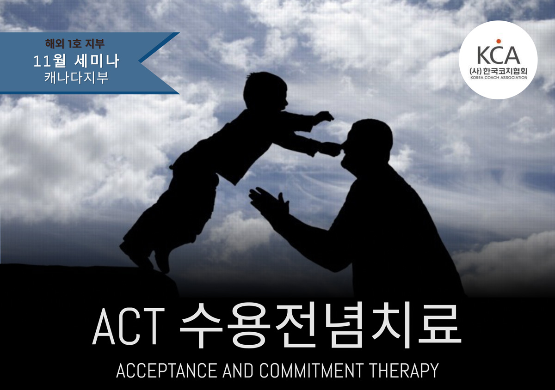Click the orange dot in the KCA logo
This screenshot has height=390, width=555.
pyautogui.click(x=499, y=41)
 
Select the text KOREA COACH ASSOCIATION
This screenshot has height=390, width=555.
pyautogui.click(x=499, y=78)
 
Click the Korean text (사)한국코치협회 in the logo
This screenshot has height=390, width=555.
pyautogui.click(x=499, y=71)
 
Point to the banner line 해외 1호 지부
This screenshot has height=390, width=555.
pyautogui.click(x=75, y=43)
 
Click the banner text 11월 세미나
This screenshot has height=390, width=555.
pyautogui.click(x=76, y=61)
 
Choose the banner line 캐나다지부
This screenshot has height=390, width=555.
pyautogui.click(x=76, y=77)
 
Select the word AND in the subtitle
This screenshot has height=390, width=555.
pyautogui.click(x=238, y=371)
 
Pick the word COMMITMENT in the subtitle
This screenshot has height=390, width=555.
pyautogui.click(x=311, y=371)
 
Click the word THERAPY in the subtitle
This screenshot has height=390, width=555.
pyautogui.click(x=404, y=371)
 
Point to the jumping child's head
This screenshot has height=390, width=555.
pyautogui.click(x=265, y=91)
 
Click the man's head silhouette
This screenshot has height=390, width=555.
pyautogui.click(x=366, y=146)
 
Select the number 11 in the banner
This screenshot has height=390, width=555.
pyautogui.click(x=40, y=61)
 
